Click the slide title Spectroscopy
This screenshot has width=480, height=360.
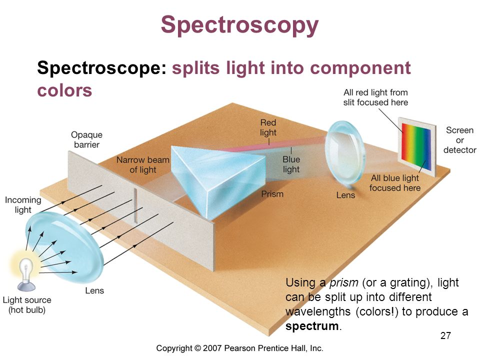pyautogui.click(x=240, y=25)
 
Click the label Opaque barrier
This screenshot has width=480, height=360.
pyautogui.click(x=86, y=139)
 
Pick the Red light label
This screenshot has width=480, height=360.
pyautogui.click(x=268, y=127)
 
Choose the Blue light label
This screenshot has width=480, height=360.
pyautogui.click(x=291, y=164)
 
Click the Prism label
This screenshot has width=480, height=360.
pyautogui.click(x=272, y=194)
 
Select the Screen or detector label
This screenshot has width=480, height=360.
pyautogui.click(x=459, y=140)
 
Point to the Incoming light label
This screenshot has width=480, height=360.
pyautogui.click(x=23, y=205)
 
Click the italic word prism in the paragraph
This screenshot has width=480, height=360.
pyautogui.click(x=341, y=282)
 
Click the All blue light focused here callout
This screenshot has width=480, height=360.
pyautogui.click(x=395, y=182)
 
